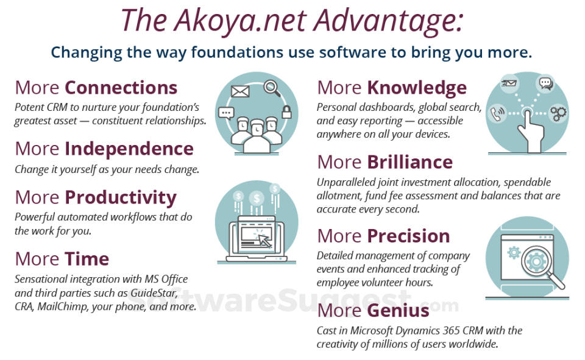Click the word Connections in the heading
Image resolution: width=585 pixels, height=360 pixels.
[121, 88]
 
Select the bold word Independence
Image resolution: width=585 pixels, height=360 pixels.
[129, 149]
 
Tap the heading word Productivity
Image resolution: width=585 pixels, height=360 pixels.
[121, 198]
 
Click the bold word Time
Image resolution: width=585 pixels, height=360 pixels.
[87, 259]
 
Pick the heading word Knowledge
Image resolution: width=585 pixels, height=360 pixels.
[417, 88]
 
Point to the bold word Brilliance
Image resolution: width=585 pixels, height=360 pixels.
[409, 162]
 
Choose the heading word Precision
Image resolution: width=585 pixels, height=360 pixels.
[408, 236]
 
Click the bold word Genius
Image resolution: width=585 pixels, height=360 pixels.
[398, 311]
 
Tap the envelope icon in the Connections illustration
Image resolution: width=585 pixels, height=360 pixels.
[240, 91]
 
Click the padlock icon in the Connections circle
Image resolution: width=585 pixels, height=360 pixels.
[286, 111]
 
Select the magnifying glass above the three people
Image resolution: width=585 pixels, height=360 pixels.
[272, 88]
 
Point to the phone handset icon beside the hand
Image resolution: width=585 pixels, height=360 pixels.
[498, 113]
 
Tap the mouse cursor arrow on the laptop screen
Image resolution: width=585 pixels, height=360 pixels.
[265, 241]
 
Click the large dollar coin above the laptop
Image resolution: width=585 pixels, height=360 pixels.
[257, 199]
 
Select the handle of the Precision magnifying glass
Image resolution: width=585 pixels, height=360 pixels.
[556, 280]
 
